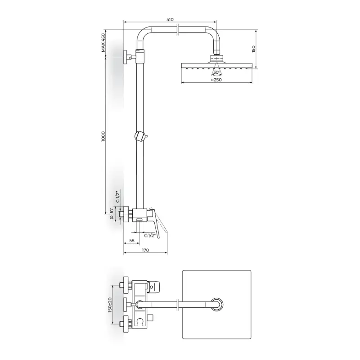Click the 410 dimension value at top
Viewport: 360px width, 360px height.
point(170,19)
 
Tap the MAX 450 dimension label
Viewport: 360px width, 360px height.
point(103,43)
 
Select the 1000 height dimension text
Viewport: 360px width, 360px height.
point(103,136)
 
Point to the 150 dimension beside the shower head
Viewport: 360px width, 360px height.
point(253,49)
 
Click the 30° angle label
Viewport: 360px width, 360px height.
point(216,72)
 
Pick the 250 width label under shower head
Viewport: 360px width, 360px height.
point(216,80)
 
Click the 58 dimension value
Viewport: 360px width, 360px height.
point(132,241)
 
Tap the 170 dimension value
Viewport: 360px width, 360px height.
point(145,250)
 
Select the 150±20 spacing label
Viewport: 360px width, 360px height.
point(110,305)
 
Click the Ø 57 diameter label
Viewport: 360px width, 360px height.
point(112,214)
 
